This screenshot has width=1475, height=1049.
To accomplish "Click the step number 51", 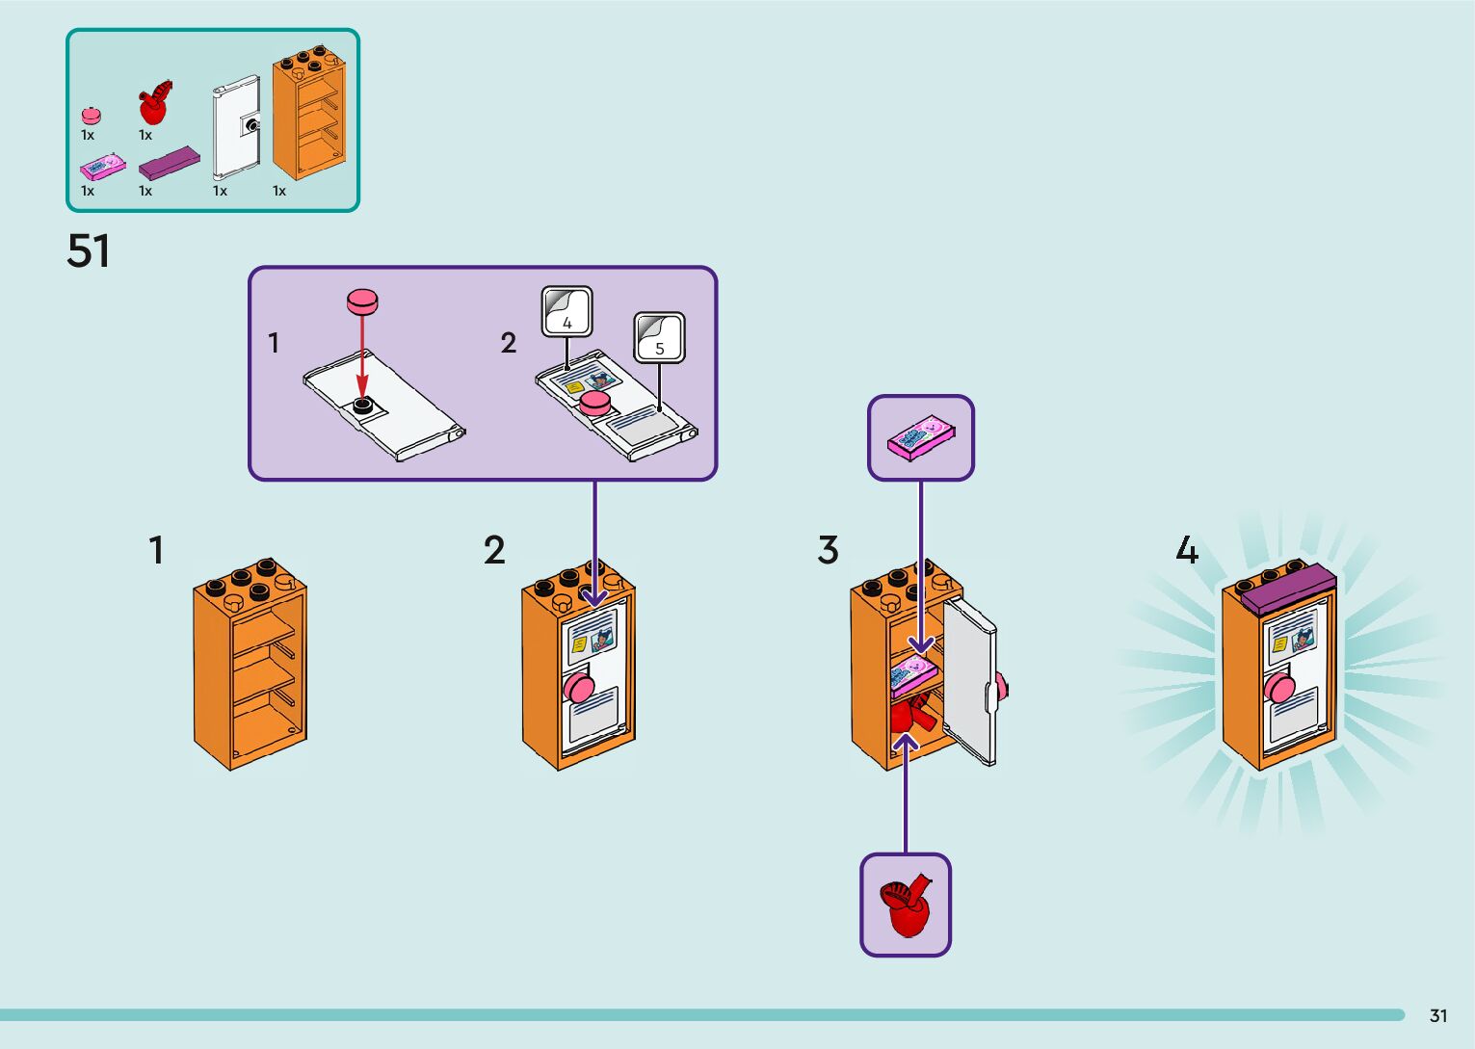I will click(88, 250).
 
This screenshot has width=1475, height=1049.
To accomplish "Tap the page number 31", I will click(1438, 1015).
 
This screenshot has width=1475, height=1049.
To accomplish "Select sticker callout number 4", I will click(566, 312).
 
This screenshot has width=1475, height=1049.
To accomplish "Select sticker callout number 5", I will click(659, 338).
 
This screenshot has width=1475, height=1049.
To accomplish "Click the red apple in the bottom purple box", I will click(906, 905).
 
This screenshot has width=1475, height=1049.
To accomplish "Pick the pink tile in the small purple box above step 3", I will click(921, 438).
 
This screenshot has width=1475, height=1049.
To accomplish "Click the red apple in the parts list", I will click(153, 103).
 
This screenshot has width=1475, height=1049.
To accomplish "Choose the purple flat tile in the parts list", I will click(170, 163).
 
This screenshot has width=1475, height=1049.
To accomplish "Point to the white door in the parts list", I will click(236, 127).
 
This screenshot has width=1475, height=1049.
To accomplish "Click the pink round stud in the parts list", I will click(91, 115).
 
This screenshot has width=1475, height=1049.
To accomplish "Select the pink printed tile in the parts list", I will click(102, 168).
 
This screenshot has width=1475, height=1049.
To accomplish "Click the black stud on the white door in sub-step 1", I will click(363, 406).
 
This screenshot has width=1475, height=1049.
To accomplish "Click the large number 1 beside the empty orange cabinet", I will click(156, 550).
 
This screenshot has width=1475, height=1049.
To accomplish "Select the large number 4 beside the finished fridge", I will click(1186, 550).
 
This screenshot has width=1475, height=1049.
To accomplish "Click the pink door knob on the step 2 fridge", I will click(579, 688).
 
